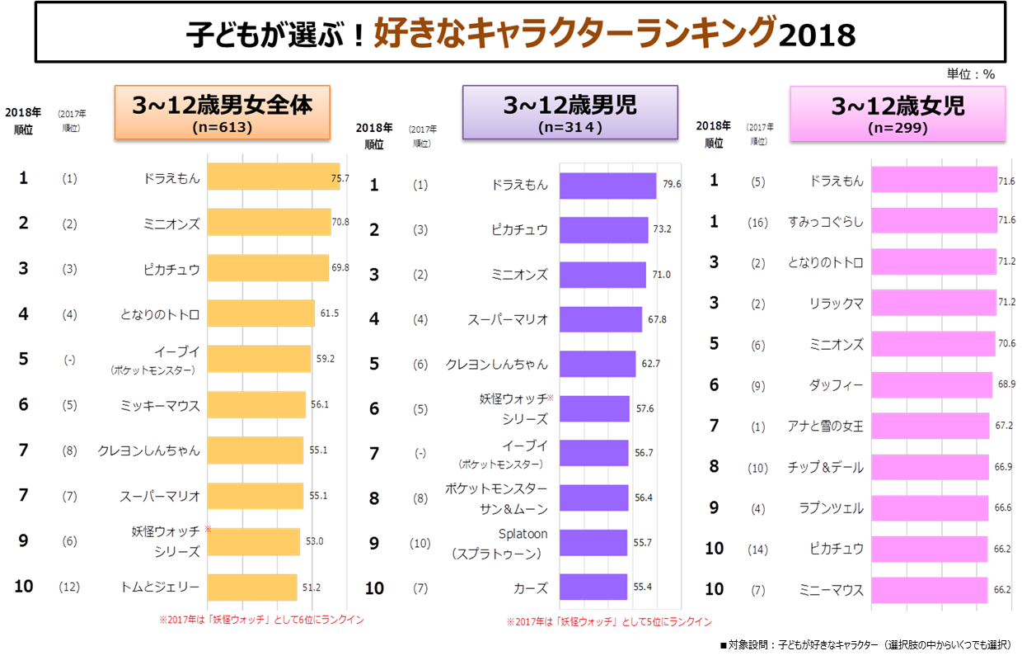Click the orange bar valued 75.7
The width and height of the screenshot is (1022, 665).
[x=273, y=177]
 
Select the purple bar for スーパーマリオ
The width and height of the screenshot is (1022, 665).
[x=600, y=319]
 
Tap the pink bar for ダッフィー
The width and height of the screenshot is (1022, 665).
[x=931, y=384]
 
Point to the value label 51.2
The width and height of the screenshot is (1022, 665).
[x=312, y=587]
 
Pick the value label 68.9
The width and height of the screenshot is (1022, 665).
[x=1005, y=385]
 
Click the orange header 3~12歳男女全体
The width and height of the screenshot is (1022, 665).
[x=222, y=112]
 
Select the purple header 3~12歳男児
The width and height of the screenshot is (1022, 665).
[x=570, y=112]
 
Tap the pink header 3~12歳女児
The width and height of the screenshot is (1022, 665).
[x=898, y=112]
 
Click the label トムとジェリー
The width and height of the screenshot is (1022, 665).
[x=159, y=587]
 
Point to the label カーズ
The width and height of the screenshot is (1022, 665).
[x=531, y=588]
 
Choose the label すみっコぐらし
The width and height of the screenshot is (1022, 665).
[x=825, y=221]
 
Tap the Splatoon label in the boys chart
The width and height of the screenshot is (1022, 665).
[x=523, y=534]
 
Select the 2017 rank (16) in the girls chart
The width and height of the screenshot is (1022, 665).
[x=758, y=221]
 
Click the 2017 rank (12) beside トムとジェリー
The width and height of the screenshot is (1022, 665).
[x=69, y=587]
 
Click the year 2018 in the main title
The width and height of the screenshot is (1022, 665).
[x=817, y=35]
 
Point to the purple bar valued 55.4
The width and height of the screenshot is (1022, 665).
[x=593, y=587]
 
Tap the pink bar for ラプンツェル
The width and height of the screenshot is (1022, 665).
[x=930, y=508]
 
